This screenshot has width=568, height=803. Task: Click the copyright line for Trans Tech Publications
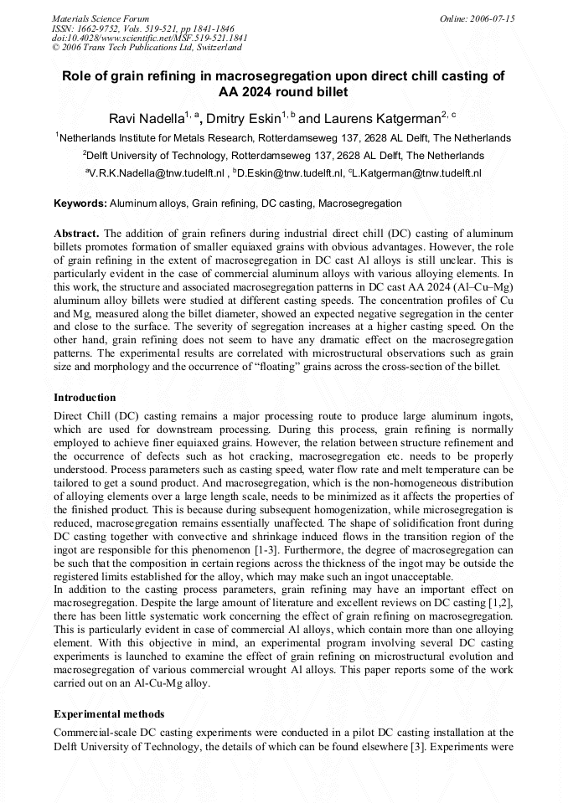(147, 49)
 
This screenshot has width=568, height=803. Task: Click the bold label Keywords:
(80, 203)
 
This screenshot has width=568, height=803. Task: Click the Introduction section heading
(85, 397)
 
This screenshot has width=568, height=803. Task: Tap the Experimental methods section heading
(109, 714)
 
